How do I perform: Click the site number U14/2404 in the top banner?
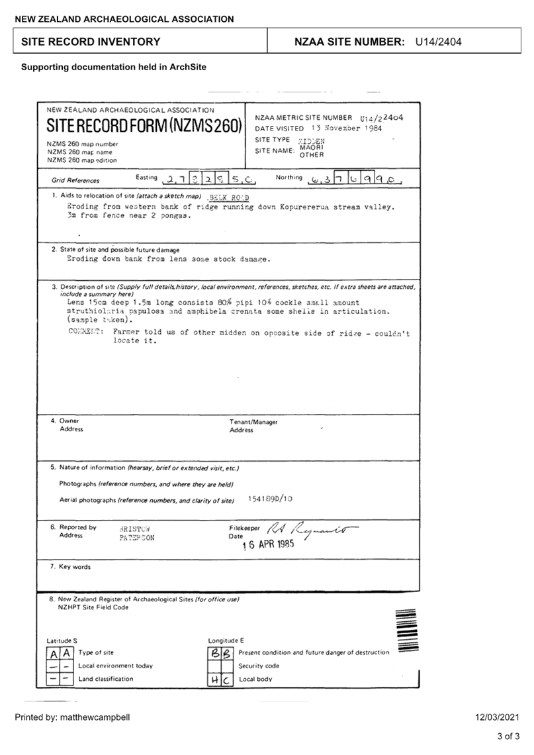pyautogui.click(x=438, y=42)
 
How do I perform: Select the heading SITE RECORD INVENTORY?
pyautogui.click(x=91, y=42)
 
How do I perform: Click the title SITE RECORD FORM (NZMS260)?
pyautogui.click(x=144, y=126)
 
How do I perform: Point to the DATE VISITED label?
pyautogui.click(x=279, y=128)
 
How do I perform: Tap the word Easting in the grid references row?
pyautogui.click(x=146, y=177)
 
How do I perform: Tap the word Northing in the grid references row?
pyautogui.click(x=289, y=177)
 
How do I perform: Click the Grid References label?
pyautogui.click(x=75, y=180)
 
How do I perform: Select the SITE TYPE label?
pyautogui.click(x=272, y=140)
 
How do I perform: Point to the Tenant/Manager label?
pyautogui.click(x=253, y=422)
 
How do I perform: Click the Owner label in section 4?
pyautogui.click(x=69, y=421)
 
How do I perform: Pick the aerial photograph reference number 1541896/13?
pyautogui.click(x=270, y=499)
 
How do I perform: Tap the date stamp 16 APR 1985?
pyautogui.click(x=268, y=545)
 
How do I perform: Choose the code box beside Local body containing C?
pyautogui.click(x=226, y=679)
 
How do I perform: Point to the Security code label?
pyautogui.click(x=259, y=666)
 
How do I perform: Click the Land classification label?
pyautogui.click(x=106, y=679)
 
